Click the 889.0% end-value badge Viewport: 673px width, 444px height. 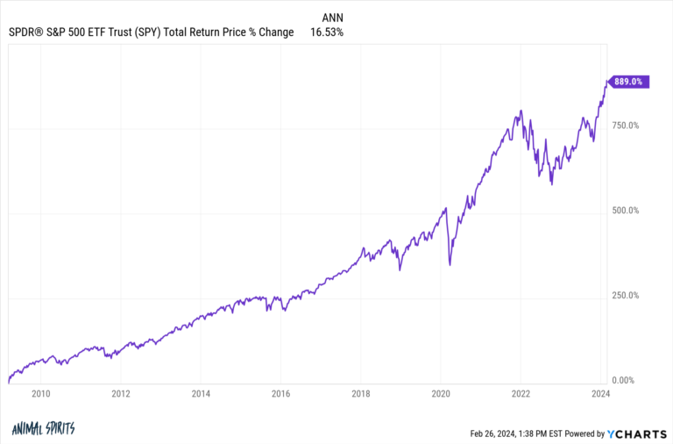(629, 82)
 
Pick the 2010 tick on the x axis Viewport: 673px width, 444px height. (40, 394)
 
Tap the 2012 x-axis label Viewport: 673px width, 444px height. (121, 394)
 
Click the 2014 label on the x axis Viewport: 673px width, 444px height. (201, 394)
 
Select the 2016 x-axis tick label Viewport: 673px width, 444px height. (281, 394)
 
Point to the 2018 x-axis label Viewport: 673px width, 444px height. (361, 394)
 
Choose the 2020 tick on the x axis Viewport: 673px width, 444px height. (441, 394)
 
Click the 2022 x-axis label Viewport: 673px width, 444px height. (521, 394)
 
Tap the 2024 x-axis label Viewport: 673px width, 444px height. (601, 394)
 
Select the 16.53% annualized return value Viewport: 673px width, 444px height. (326, 32)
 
